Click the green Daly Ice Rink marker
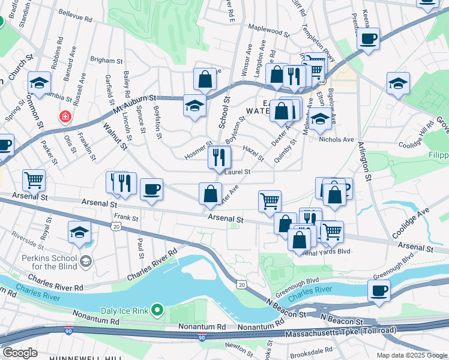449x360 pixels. tap(157, 310)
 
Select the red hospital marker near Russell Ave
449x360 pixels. tap(64, 116)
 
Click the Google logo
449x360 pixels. tap(20, 352)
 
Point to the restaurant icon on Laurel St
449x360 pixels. tap(219, 158)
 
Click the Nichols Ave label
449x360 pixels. tap(337, 139)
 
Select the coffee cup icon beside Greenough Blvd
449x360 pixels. tap(379, 291)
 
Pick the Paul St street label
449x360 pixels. tap(140, 248)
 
